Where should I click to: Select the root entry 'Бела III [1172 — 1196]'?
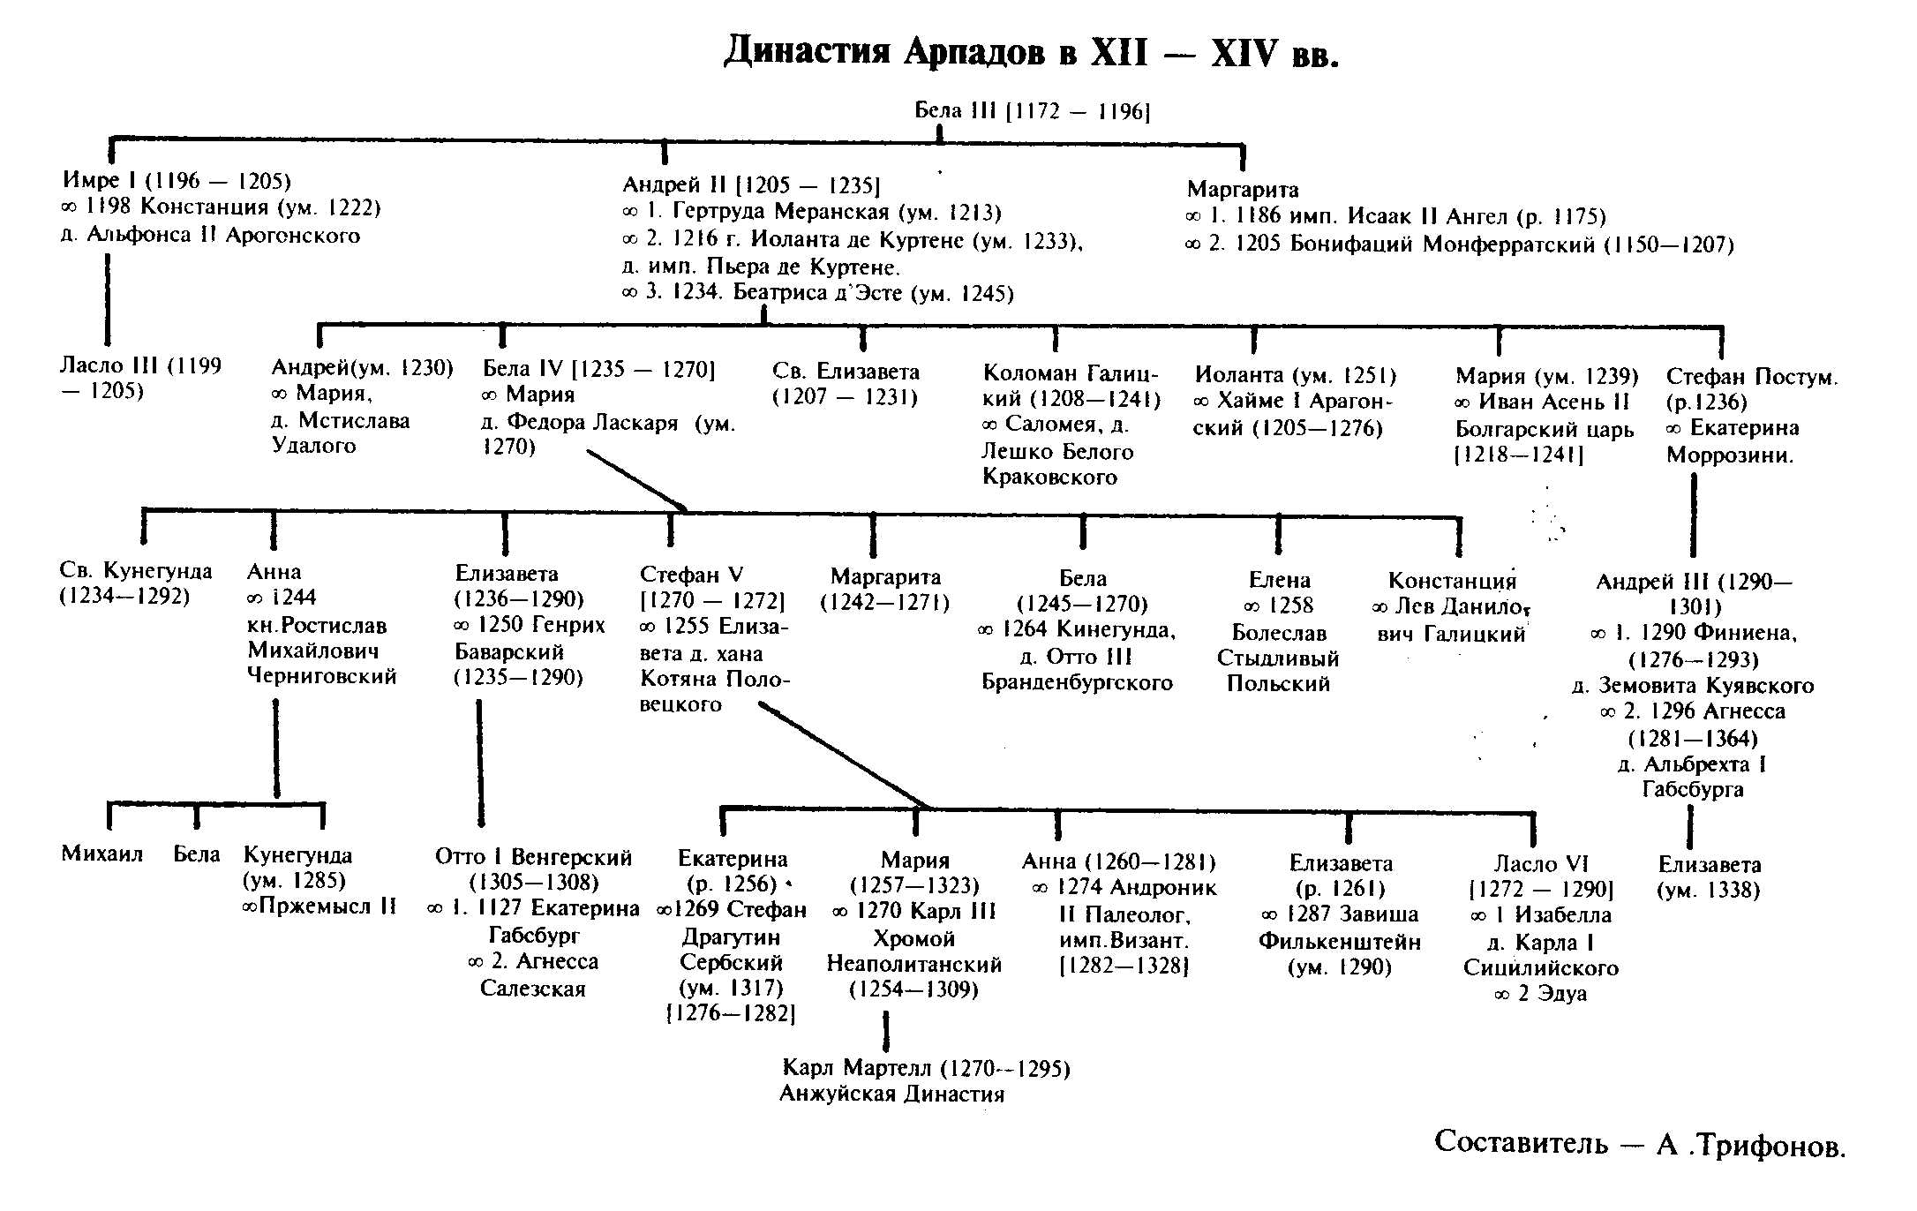tap(1032, 111)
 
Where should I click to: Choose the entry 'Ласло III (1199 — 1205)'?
tap(140, 379)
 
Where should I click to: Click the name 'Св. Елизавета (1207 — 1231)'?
tap(846, 384)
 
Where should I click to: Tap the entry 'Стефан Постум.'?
tap(1752, 377)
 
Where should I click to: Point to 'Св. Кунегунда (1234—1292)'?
tap(136, 583)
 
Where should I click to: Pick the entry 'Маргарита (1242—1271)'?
tap(885, 590)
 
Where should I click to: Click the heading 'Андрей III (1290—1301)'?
tap(1694, 594)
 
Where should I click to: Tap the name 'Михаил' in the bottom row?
tap(102, 854)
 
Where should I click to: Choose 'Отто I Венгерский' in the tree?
tap(534, 857)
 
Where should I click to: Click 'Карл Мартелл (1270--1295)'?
tap(926, 1068)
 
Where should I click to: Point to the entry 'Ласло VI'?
tap(1540, 863)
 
